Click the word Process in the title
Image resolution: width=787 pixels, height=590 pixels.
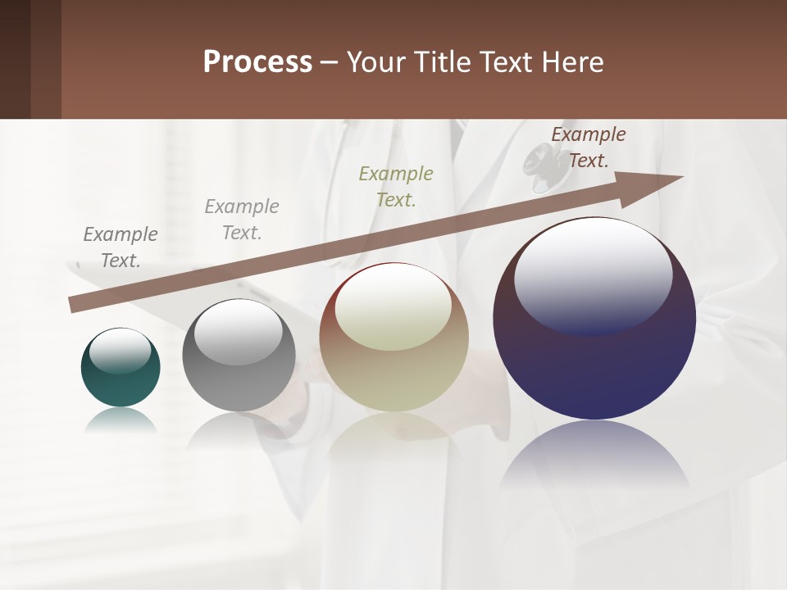(257, 62)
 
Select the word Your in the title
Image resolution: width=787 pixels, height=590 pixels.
(378, 62)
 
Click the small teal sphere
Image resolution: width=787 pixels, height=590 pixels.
(121, 377)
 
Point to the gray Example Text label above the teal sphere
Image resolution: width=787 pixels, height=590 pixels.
(121, 247)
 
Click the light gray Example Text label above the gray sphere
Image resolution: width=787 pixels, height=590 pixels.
(242, 220)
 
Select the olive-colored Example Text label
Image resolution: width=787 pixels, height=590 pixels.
(396, 187)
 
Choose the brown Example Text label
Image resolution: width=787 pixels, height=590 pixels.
(589, 147)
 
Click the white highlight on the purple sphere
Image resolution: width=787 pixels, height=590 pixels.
(593, 275)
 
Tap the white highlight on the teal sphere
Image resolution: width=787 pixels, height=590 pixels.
(121, 350)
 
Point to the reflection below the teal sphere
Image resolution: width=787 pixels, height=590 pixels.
(121, 422)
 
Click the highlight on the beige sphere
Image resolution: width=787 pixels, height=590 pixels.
(393, 306)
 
